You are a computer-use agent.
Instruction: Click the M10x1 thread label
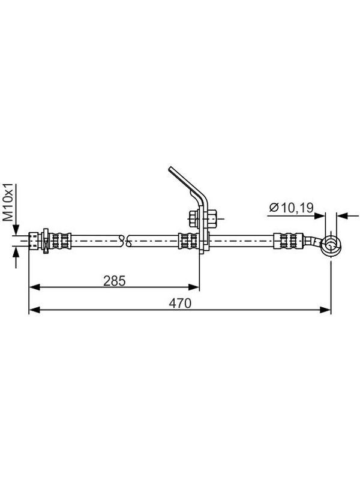tap(8, 202)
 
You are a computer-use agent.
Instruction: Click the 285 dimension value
tap(115, 281)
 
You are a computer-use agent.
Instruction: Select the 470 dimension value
tap(180, 303)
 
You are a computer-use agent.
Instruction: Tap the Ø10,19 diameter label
tap(292, 208)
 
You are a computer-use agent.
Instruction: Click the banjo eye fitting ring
tap(331, 245)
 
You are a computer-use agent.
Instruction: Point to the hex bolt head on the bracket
tap(193, 218)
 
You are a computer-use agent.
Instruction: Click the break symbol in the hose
tap(125, 241)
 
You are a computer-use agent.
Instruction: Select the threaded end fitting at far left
tap(35, 241)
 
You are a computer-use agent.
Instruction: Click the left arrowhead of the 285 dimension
tap(35, 287)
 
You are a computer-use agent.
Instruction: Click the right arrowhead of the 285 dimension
tap(194, 287)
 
